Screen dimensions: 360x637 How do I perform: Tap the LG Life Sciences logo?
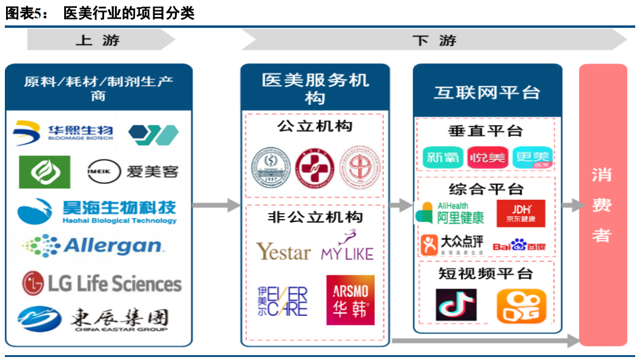102,283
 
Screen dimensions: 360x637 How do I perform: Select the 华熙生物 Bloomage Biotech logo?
64,132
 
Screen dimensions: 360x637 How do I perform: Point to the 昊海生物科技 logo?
97,211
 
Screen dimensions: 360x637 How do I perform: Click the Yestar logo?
283,251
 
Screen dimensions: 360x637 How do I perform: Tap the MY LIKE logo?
347,248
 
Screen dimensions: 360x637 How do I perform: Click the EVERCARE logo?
283,301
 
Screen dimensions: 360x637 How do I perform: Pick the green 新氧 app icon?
443,158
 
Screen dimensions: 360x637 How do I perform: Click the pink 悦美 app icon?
487,158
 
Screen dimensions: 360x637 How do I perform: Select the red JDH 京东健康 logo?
521,214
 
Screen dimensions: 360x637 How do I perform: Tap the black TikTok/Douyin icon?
456,305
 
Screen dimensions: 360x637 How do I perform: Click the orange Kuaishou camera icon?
521,306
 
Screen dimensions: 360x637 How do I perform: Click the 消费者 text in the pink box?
602,205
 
